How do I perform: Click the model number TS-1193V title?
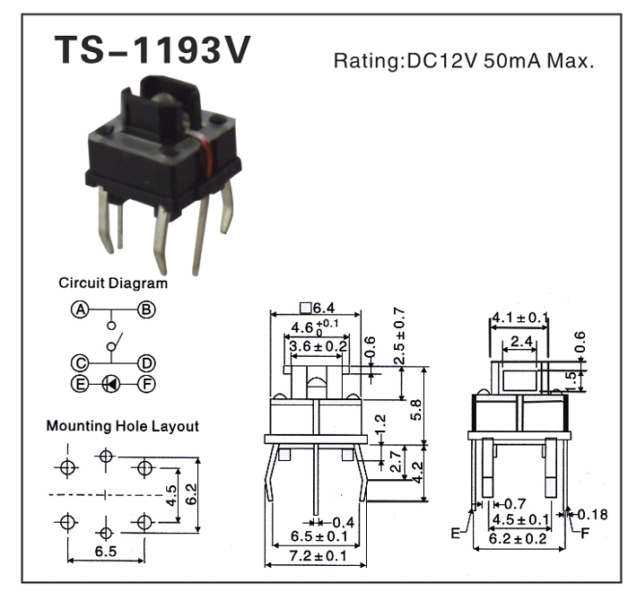coord(152,52)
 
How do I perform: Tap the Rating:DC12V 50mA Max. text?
coord(464,62)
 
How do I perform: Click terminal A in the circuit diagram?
coord(80,309)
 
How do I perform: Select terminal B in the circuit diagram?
coord(145,309)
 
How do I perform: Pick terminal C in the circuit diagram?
coord(80,363)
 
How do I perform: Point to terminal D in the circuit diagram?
coord(145,363)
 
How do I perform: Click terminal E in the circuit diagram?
coord(80,383)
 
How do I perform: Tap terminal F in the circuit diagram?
coord(145,383)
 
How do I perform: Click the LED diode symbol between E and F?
coord(111,383)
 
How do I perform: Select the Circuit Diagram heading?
coord(113,283)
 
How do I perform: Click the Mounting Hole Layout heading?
coord(123,426)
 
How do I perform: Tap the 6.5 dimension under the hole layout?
coord(105,552)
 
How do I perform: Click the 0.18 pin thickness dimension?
coord(593,514)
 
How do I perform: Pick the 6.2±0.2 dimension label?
coord(521,539)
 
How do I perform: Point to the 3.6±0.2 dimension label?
coord(316,346)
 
